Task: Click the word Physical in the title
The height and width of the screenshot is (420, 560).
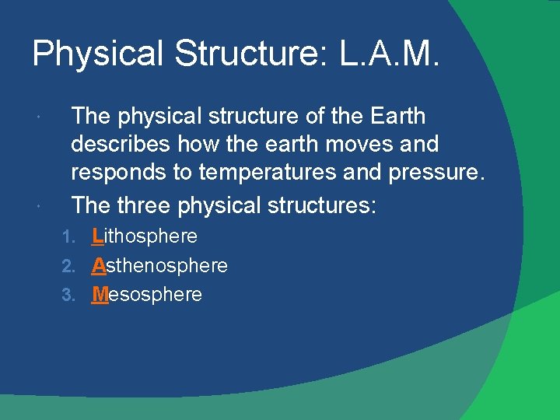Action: pyautogui.click(x=97, y=55)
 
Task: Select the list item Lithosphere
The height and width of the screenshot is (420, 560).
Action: pyautogui.click(x=145, y=236)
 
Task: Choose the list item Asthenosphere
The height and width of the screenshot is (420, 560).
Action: pyautogui.click(x=159, y=265)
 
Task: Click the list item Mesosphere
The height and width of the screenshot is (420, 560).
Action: pyautogui.click(x=147, y=295)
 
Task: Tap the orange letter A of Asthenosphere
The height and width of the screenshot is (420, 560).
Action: pyautogui.click(x=99, y=265)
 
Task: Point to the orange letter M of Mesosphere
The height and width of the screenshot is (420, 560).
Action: pyautogui.click(x=100, y=295)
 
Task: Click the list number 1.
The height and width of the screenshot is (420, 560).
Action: pyautogui.click(x=68, y=236)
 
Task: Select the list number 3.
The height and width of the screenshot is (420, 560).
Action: pyautogui.click(x=68, y=296)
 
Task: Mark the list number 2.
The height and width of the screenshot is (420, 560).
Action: pyautogui.click(x=68, y=266)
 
